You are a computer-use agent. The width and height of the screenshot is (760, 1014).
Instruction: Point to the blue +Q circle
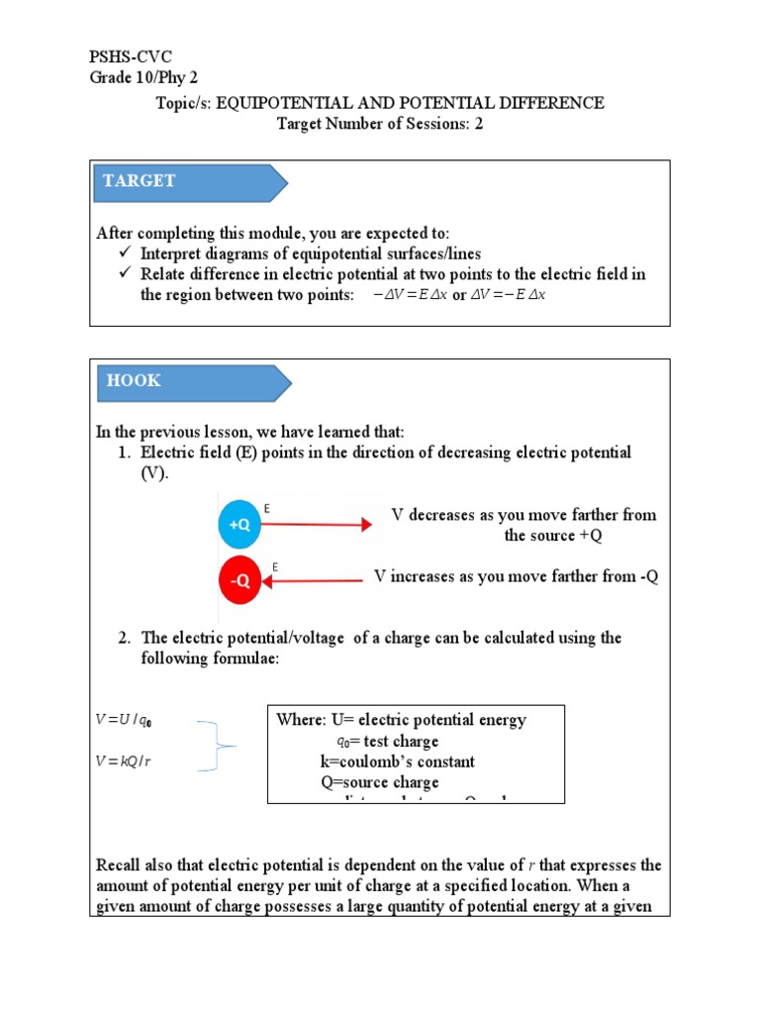pyautogui.click(x=239, y=526)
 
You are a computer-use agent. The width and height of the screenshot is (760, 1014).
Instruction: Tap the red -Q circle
pyautogui.click(x=239, y=582)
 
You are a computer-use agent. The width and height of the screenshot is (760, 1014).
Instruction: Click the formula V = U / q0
pyautogui.click(x=125, y=722)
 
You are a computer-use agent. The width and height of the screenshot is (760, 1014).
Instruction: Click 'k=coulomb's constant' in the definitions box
pyautogui.click(x=397, y=761)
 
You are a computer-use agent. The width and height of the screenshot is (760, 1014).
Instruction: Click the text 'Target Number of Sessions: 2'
pyautogui.click(x=380, y=124)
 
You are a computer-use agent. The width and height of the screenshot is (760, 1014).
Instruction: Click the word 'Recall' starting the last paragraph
pyautogui.click(x=120, y=865)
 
